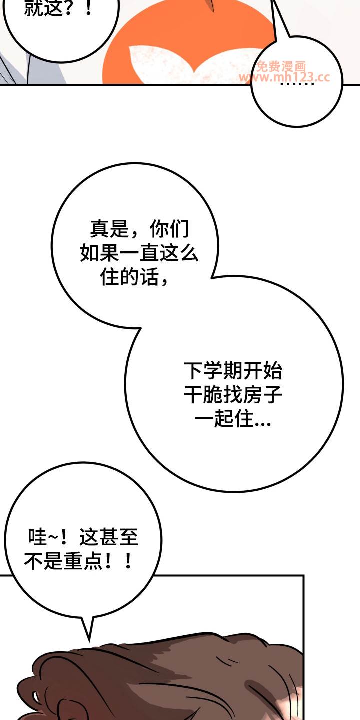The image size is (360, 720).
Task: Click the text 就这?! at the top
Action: pyautogui.click(x=58, y=8)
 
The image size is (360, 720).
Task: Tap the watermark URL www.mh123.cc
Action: pyautogui.click(x=285, y=77)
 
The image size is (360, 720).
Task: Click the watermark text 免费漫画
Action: pyautogui.click(x=281, y=66)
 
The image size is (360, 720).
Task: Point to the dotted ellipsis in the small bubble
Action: pyautogui.click(x=297, y=84)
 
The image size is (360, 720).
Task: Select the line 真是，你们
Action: pyautogui.click(x=139, y=229)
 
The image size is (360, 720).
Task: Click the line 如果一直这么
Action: pyautogui.click(x=139, y=253)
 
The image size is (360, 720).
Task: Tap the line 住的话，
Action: pyautogui.click(x=134, y=277)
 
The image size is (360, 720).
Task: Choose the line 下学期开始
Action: pyautogui.click(x=233, y=371)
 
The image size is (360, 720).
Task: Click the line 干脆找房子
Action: pyautogui.click(x=233, y=395)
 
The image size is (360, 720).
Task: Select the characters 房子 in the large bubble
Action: pyautogui.click(x=263, y=395)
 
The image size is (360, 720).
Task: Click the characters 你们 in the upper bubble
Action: pyautogui.click(x=169, y=229)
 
